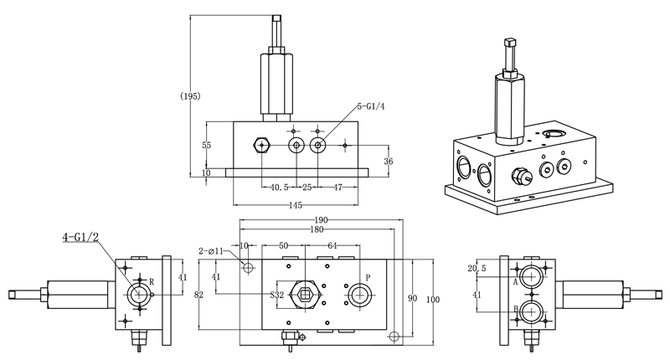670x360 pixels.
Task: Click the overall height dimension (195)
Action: coord(190,96)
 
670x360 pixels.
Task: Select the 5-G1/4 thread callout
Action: coord(371,106)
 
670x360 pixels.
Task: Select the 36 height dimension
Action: coord(388,161)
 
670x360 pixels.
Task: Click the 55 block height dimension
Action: coord(208,145)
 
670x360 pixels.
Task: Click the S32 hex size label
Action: coord(277,296)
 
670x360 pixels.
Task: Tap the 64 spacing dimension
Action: coord(332,245)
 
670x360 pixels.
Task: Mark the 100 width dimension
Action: coord(432,299)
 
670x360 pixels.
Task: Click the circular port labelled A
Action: coord(531,276)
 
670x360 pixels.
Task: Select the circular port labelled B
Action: coord(531,311)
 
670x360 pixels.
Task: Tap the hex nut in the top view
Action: coord(305,295)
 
